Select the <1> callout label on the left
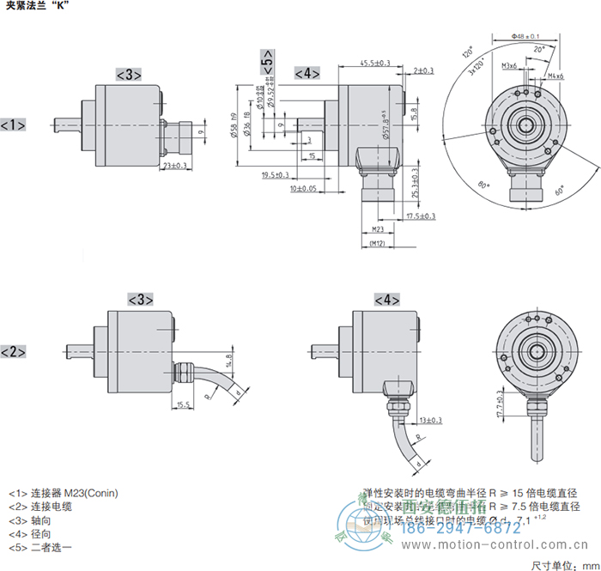(13, 125)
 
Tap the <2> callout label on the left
(13, 352)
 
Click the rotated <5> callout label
(267, 64)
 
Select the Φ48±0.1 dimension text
(525, 36)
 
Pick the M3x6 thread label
(508, 66)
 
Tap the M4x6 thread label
(555, 76)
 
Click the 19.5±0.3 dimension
(276, 175)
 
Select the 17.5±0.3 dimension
(421, 216)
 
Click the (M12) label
(375, 244)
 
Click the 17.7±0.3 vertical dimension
(501, 404)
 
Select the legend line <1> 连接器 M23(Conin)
(64, 493)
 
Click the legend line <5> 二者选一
(40, 547)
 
